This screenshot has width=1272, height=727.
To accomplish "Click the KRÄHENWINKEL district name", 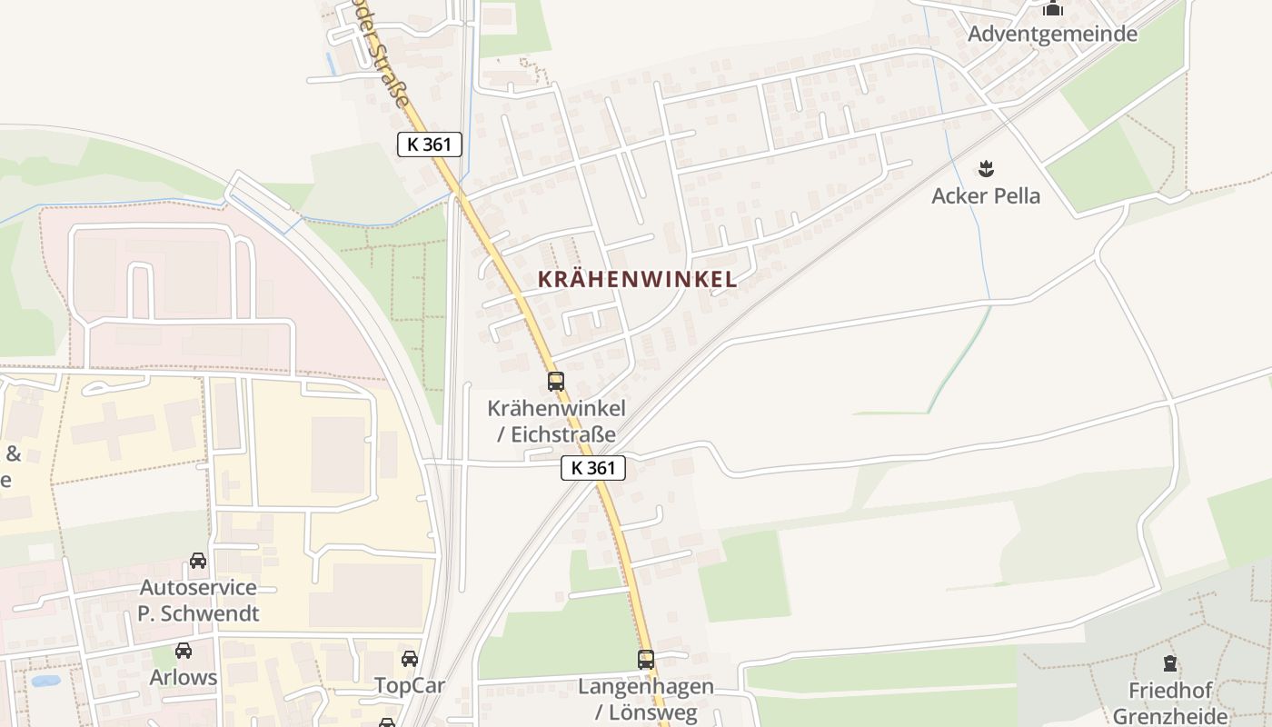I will [637, 280].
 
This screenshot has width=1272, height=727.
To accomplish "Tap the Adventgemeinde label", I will [1052, 35].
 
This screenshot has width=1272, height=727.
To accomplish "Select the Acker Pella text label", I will [986, 195].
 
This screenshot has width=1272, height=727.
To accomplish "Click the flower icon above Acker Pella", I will [986, 168].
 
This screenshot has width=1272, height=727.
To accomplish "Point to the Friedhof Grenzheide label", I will [1170, 703].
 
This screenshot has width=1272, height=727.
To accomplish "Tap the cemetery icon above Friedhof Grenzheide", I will [1170, 664].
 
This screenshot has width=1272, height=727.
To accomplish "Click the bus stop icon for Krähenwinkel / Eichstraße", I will [556, 382].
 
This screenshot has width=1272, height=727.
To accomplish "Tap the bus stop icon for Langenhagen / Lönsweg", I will [645, 660].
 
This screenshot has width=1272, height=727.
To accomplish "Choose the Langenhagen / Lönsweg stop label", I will [646, 699].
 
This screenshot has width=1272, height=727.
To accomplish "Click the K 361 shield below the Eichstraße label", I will [593, 469].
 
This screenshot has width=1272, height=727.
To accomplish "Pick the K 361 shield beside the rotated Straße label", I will [430, 144].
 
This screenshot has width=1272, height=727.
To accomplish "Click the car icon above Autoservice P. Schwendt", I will [198, 561].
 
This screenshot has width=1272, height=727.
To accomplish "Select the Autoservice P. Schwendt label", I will [198, 600].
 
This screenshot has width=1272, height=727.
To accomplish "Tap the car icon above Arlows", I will [184, 651].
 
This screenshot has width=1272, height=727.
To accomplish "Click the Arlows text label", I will [184, 678].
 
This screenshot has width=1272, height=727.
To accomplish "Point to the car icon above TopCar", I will [410, 659].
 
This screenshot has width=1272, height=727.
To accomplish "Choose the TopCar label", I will [410, 685].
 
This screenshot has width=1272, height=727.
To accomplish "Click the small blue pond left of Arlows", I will [45, 680].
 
